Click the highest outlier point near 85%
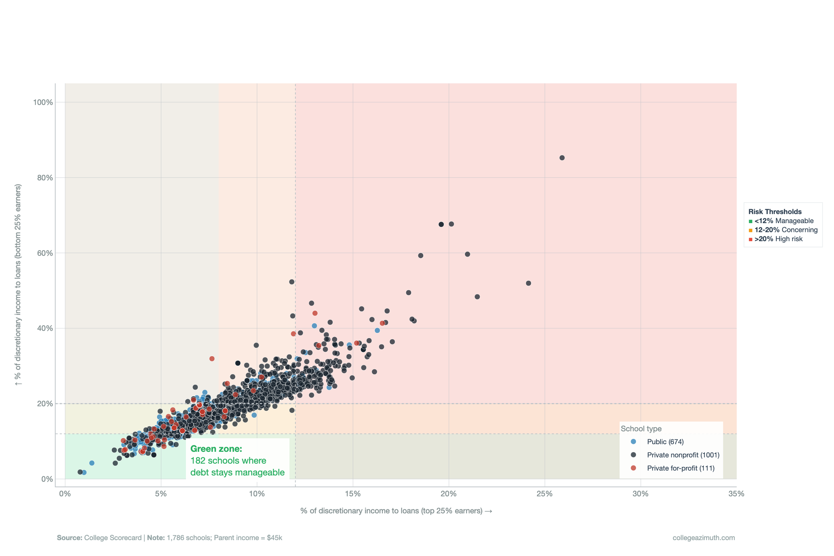[x=562, y=158]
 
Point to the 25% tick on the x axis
[x=545, y=494]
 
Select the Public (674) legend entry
[x=665, y=442]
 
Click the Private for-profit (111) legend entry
[x=681, y=468]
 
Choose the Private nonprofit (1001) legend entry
[x=683, y=455]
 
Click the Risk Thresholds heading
[x=775, y=212]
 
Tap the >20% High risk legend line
[x=778, y=239]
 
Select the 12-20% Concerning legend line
[x=786, y=230]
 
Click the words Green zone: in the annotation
[x=216, y=449]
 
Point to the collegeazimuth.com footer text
[x=703, y=538]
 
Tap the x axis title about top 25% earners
[x=396, y=511]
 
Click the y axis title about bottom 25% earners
[x=18, y=284]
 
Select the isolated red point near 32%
[x=212, y=359]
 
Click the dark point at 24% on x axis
[x=528, y=283]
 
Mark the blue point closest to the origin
[x=84, y=473]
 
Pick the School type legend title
[x=641, y=429]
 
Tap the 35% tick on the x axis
[x=736, y=494]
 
